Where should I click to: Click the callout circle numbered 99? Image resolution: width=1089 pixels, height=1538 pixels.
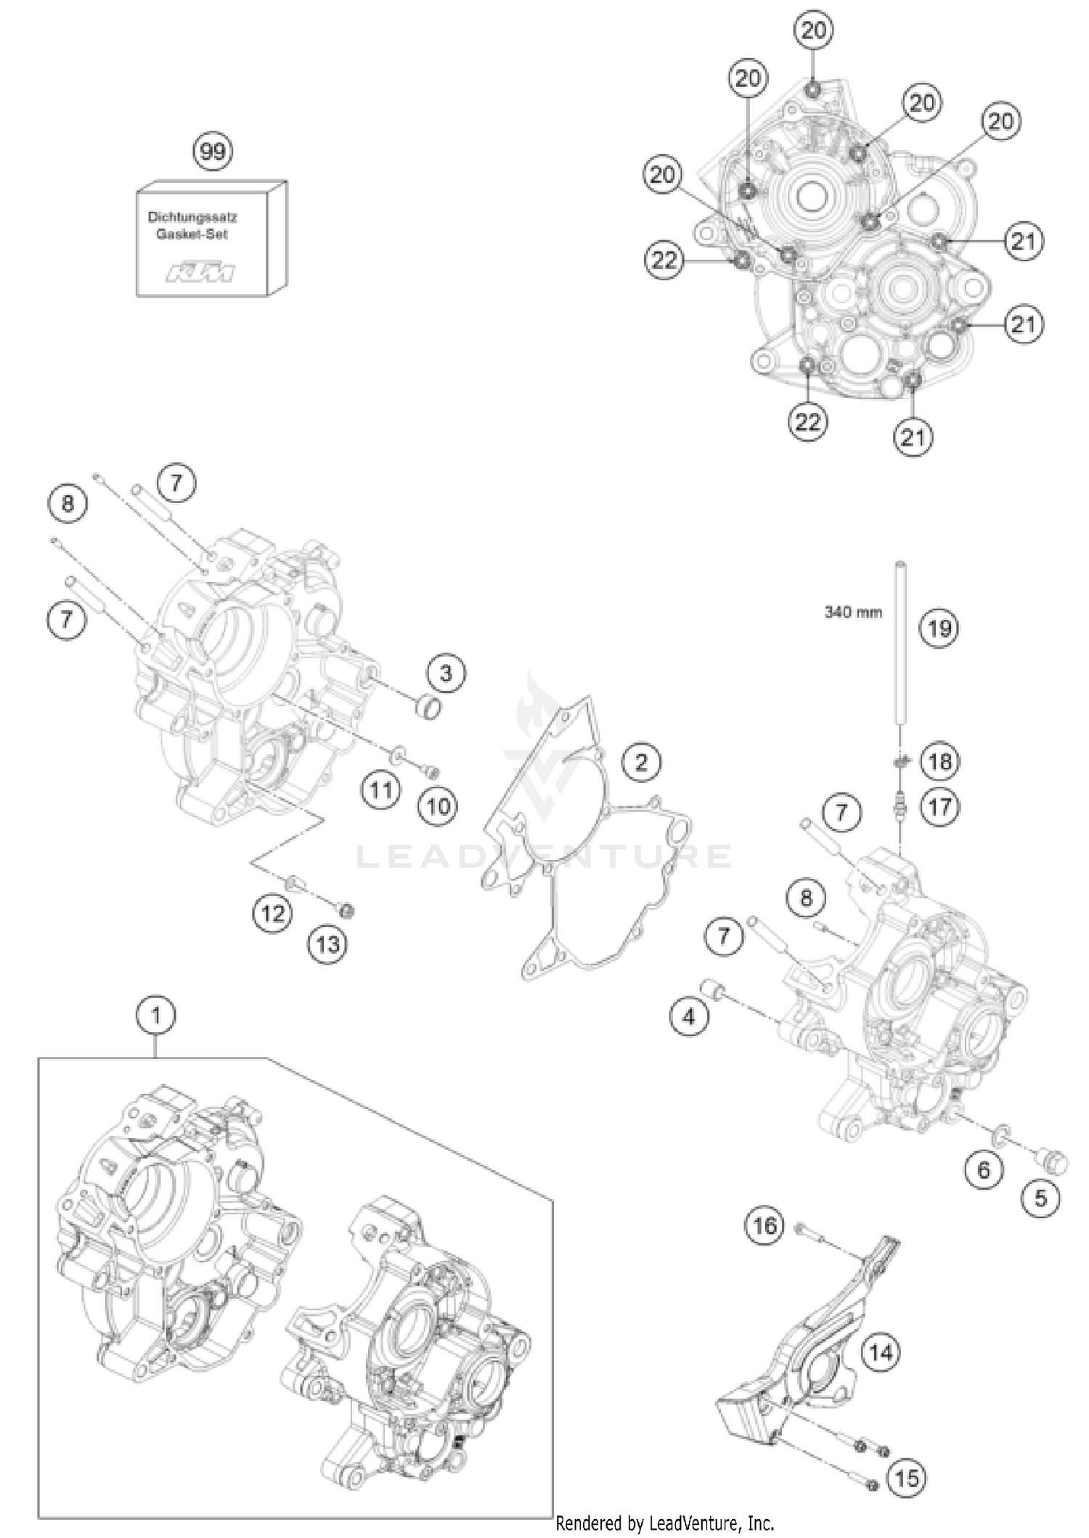click(x=213, y=152)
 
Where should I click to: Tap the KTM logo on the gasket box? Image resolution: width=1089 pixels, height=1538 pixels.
click(x=200, y=274)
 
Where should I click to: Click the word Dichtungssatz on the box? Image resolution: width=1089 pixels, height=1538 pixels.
click(x=192, y=217)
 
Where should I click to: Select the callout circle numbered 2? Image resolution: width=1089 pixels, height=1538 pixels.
click(x=641, y=763)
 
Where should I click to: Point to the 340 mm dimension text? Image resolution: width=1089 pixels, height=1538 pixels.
click(x=853, y=613)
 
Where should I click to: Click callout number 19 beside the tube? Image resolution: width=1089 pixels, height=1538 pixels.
click(x=939, y=628)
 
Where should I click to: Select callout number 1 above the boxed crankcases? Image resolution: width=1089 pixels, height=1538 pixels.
click(x=155, y=1016)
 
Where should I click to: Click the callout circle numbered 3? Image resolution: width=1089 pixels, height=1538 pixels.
click(x=446, y=674)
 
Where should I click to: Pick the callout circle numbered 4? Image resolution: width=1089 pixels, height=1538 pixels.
click(x=688, y=1016)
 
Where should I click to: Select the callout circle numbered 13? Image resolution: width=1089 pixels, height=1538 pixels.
click(x=327, y=944)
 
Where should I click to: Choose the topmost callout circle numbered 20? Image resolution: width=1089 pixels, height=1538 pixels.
click(x=813, y=30)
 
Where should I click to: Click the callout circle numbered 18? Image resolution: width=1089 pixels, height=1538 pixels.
click(x=940, y=761)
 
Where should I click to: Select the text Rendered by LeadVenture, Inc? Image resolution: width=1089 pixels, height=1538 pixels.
click(x=664, y=1524)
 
